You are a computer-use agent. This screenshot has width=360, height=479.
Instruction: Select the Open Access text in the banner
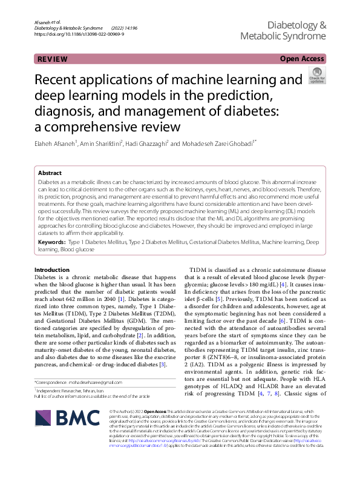302,59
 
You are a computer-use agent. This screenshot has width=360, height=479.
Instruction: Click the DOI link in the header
79,35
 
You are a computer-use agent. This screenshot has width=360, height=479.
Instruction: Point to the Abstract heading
50,173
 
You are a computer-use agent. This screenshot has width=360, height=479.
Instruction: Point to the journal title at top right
283,31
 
